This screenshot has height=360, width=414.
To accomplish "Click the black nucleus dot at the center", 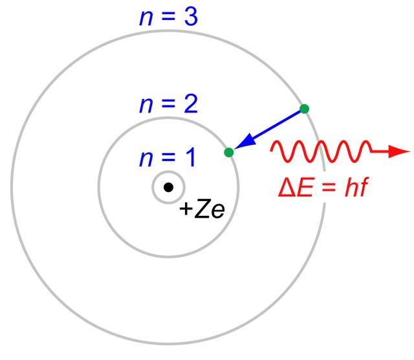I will tap(168, 187).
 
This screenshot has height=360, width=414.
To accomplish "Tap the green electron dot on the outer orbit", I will tap(304, 109).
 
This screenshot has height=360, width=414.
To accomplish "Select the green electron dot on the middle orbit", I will tap(228, 153).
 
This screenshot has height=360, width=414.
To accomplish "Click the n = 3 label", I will tap(168, 17).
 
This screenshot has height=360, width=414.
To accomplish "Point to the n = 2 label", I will tap(168, 105).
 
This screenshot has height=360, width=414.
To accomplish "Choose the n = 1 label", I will tap(168, 158).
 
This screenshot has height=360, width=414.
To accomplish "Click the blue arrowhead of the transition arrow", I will tap(240, 145).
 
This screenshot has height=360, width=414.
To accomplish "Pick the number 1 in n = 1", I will tap(190, 158).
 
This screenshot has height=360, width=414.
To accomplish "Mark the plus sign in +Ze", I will tap(184, 210).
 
